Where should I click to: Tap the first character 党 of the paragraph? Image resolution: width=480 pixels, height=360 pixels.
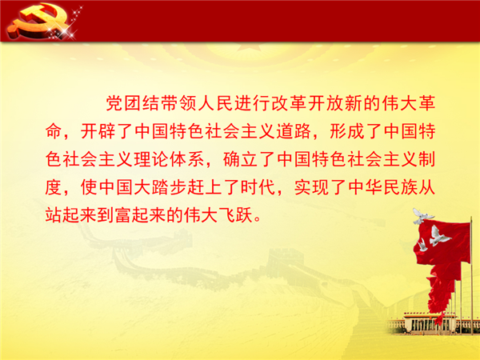coord(114,103)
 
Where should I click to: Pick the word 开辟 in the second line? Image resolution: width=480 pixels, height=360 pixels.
coord(98,131)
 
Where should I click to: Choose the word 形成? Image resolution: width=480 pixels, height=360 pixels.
coord(347,131)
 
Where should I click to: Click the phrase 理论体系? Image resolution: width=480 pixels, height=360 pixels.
coord(170,159)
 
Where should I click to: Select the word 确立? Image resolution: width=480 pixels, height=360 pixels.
coord(240,159)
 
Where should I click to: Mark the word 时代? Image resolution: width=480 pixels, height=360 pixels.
coord(258,187)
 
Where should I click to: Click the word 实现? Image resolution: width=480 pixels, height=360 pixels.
coord(312,187)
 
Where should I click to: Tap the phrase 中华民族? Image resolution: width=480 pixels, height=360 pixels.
coord(382,187)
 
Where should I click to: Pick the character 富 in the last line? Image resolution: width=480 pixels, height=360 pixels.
coord(124,215)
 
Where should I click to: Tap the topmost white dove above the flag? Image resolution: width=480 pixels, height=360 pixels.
coord(422,216)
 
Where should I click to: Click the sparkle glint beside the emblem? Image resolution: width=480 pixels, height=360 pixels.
coord(66,31)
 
